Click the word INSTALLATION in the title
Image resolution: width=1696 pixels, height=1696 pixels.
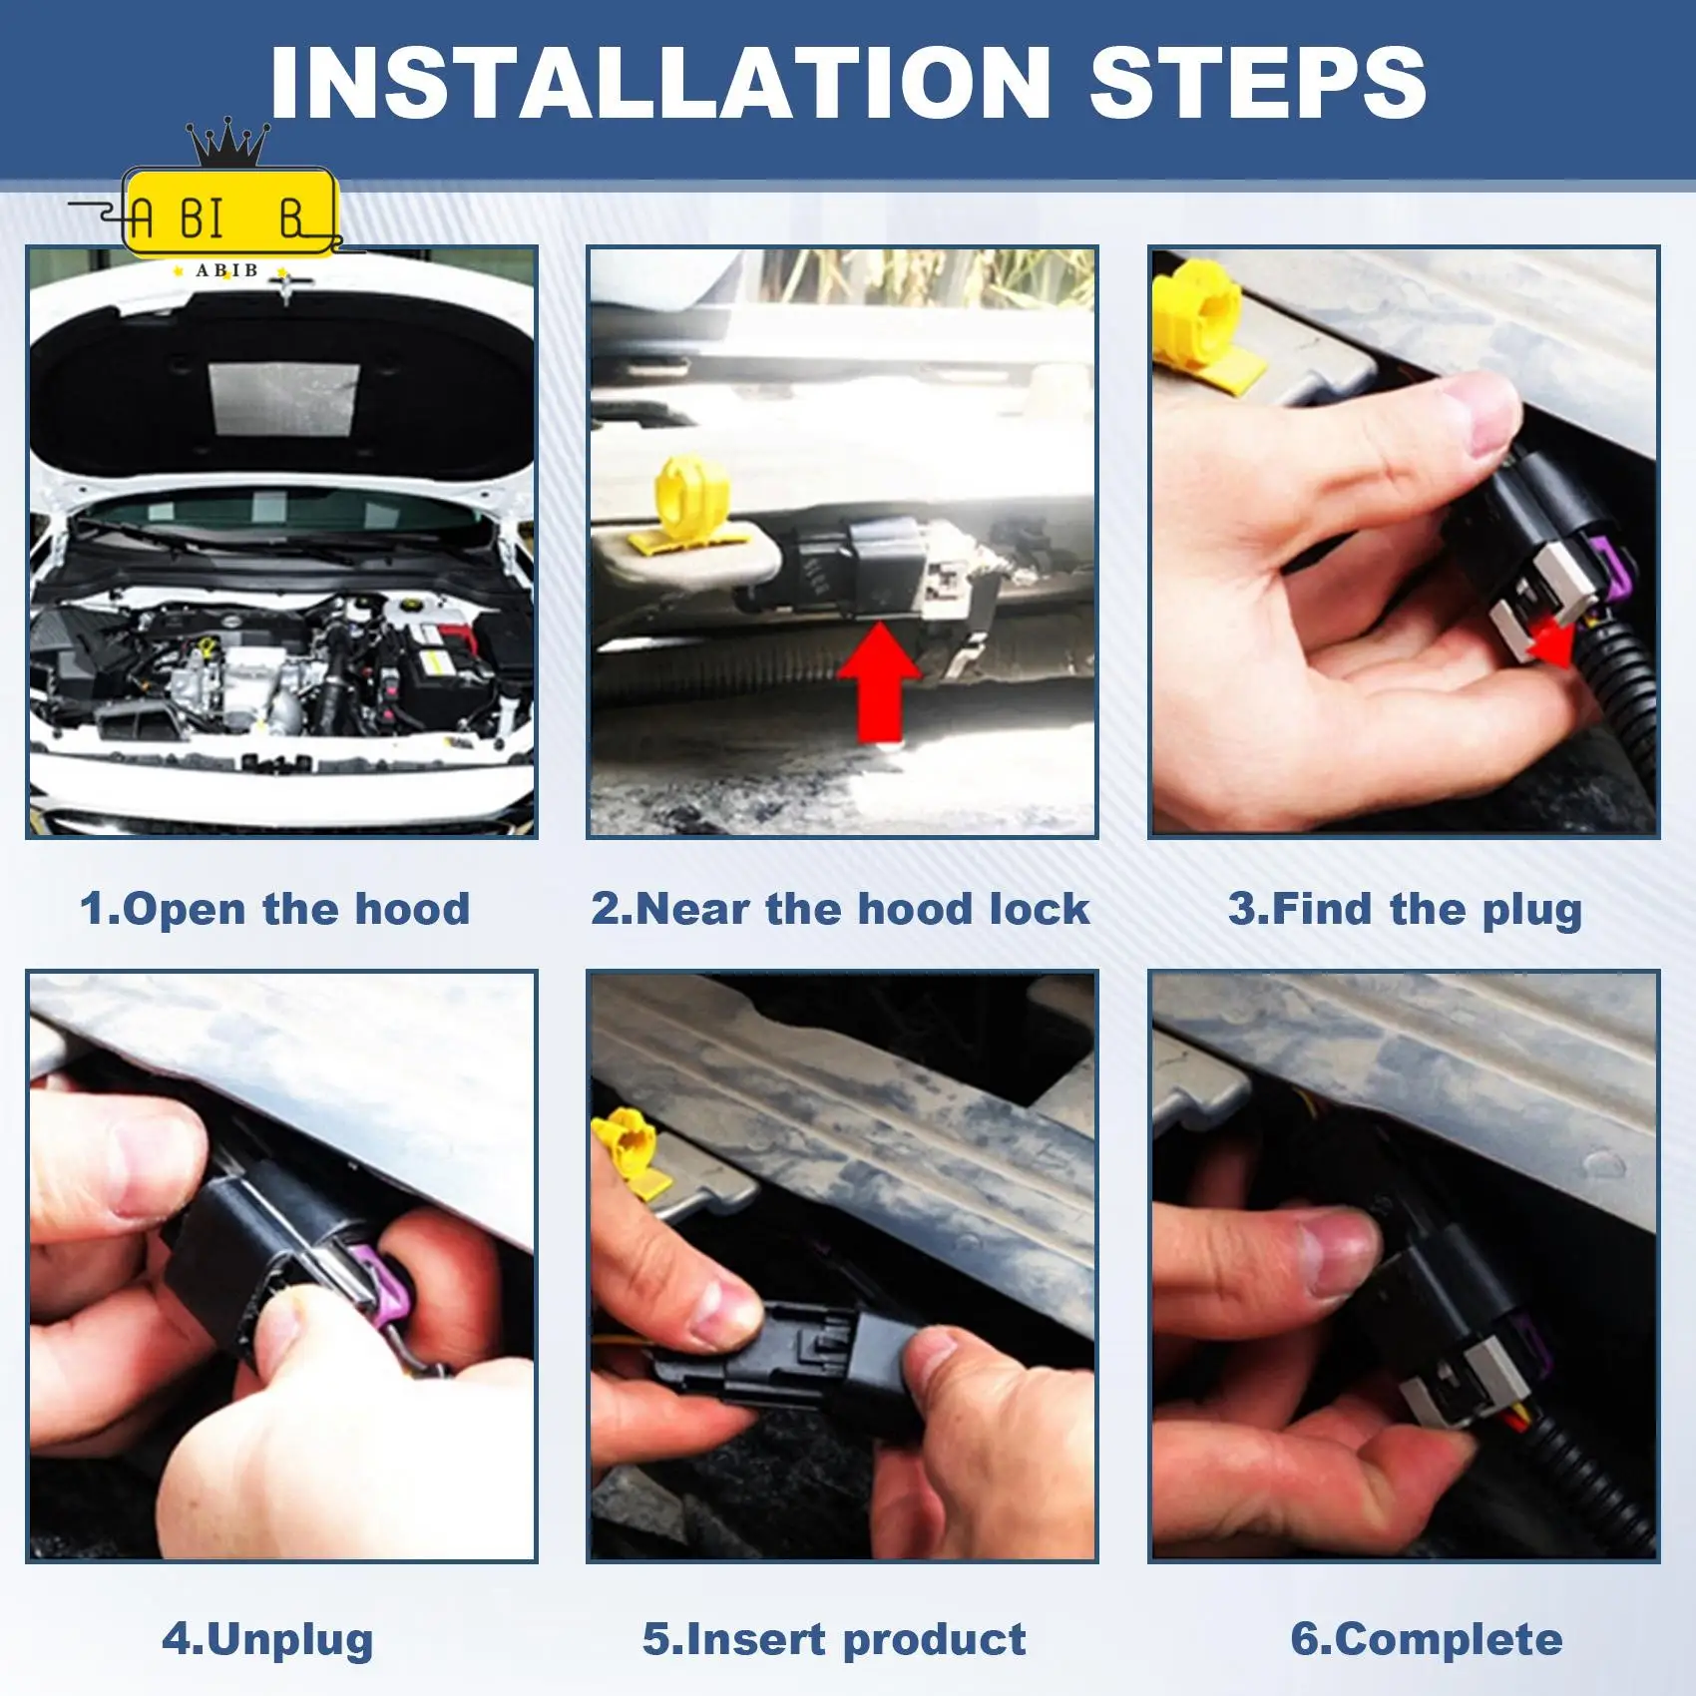tap(659, 83)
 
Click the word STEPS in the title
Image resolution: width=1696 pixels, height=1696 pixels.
tap(1258, 83)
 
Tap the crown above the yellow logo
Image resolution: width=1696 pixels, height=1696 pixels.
tap(228, 143)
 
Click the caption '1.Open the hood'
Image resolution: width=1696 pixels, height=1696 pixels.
tap(274, 910)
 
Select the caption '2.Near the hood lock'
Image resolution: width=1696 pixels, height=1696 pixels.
tap(840, 909)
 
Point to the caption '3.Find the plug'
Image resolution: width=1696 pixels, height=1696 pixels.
tap(1405, 910)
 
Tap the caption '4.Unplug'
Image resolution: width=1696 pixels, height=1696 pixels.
tap(267, 1640)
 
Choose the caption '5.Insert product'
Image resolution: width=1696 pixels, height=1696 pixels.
tap(834, 1640)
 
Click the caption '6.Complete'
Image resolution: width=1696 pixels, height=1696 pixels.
tap(1427, 1640)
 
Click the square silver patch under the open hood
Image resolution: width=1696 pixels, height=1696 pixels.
tap(284, 400)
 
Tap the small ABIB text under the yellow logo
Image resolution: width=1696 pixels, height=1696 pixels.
tap(226, 270)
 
